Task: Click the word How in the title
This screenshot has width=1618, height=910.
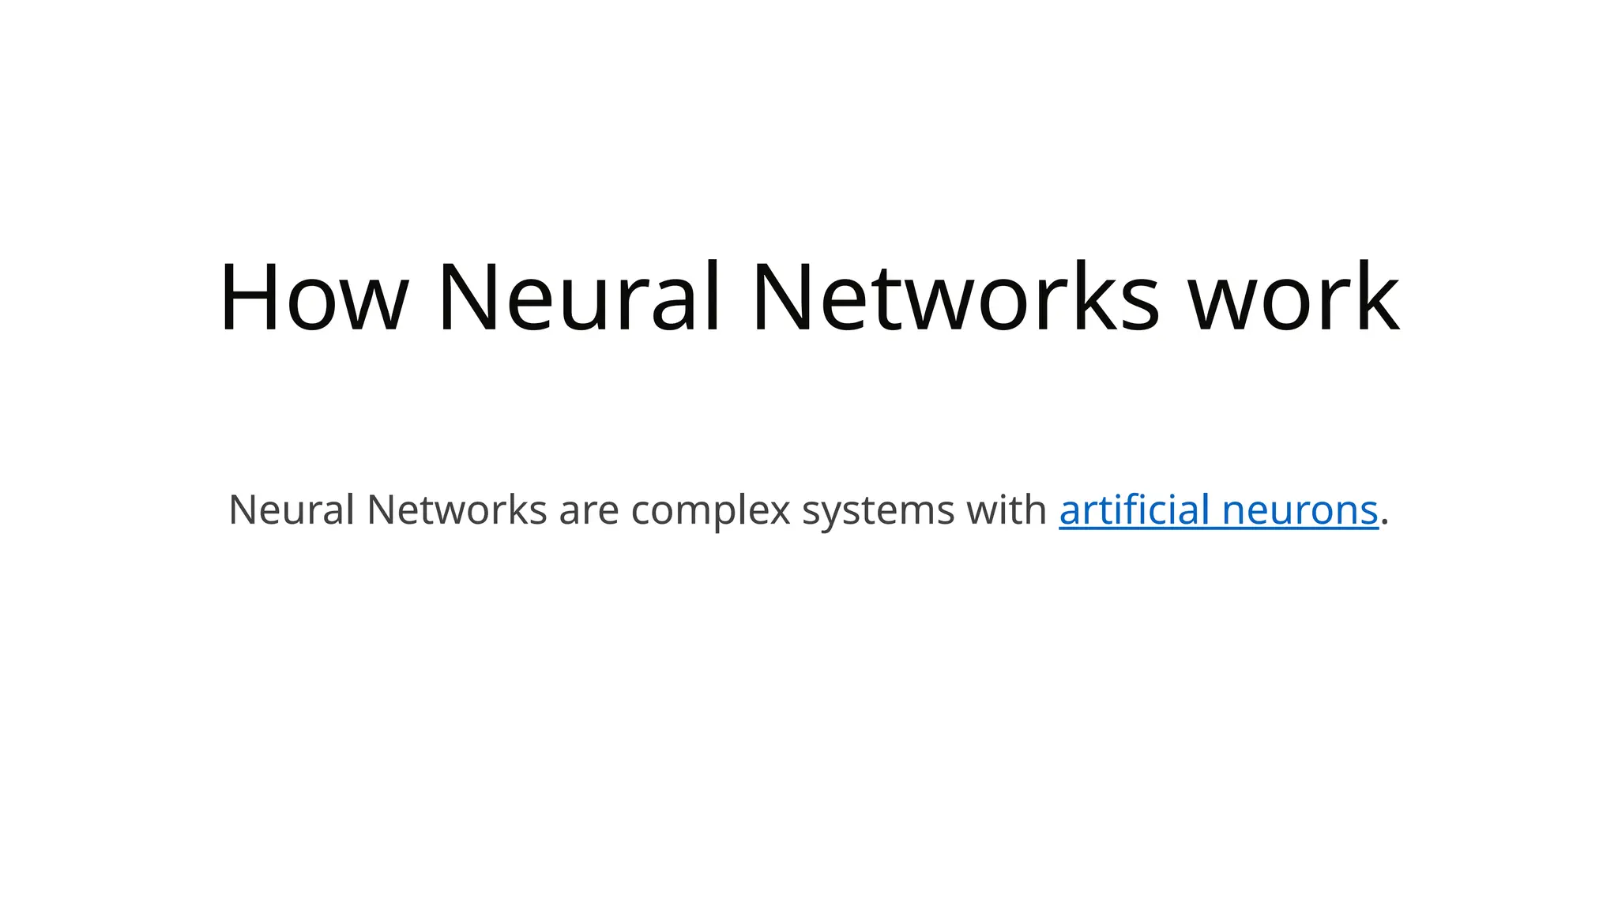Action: point(313,297)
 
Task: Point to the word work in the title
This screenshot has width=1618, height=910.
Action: point(1294,297)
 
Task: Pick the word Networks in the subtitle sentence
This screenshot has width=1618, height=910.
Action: point(457,510)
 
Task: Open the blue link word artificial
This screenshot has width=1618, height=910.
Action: point(1134,510)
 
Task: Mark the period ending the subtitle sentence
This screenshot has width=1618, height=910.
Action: point(1385,522)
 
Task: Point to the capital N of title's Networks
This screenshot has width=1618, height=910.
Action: point(784,297)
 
